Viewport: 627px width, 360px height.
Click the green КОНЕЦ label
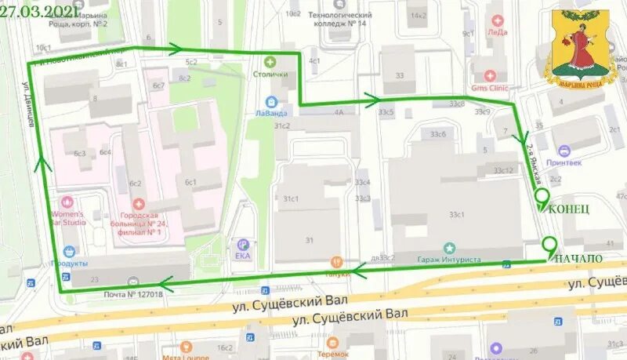pos(568,209)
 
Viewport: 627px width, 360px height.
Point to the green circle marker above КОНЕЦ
pos(540,196)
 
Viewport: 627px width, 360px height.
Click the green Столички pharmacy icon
pos(270,61)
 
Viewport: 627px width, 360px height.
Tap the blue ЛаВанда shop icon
pos(271,101)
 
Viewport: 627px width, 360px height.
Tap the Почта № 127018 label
pos(133,294)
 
